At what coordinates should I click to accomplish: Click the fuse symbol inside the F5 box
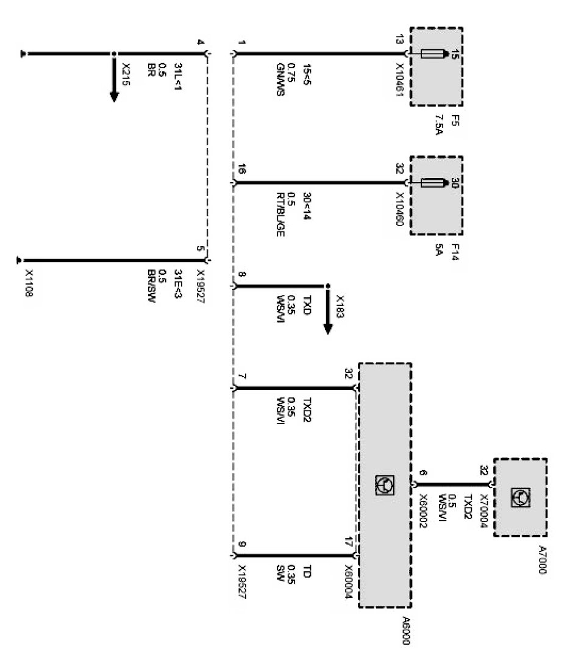point(433,54)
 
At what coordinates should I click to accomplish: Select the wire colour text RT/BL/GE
point(280,216)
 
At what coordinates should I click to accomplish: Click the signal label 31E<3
point(177,282)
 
